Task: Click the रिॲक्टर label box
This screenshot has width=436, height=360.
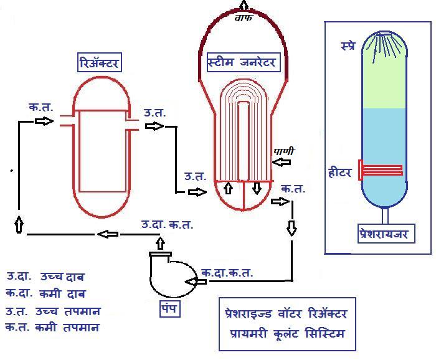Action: click(99, 62)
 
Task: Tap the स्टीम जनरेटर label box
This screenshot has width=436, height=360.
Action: click(244, 62)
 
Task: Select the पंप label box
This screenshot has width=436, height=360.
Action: click(170, 308)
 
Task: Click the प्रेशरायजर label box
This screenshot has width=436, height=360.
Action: click(386, 234)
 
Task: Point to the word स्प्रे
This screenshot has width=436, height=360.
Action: click(348, 45)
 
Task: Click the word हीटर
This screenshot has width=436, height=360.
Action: click(340, 173)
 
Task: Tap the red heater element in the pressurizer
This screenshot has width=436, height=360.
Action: click(381, 170)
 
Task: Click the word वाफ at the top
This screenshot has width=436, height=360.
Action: click(244, 18)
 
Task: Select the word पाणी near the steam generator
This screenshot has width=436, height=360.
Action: click(283, 151)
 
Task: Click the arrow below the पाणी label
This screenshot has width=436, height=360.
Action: click(282, 162)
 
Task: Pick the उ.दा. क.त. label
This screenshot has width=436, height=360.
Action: click(167, 224)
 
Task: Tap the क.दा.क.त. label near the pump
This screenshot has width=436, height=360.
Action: click(227, 273)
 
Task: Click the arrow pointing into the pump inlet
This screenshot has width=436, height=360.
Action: click(196, 282)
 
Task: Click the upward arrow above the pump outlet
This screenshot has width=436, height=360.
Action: click(160, 244)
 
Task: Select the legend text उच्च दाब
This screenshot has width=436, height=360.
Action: click(62, 277)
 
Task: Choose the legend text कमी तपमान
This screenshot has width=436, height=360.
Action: click(67, 328)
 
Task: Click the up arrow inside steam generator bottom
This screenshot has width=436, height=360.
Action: click(229, 188)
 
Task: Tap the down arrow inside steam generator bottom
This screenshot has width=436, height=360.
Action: click(257, 188)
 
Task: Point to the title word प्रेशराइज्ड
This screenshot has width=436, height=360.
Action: click(249, 313)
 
